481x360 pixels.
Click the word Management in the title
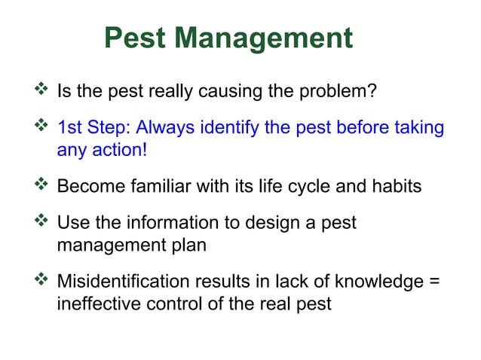265,38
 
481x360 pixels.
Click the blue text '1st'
70,128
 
